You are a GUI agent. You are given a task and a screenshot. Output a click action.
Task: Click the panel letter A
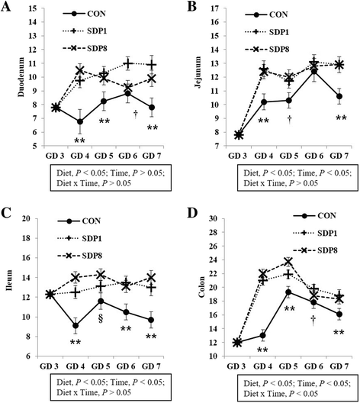click(8, 8)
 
